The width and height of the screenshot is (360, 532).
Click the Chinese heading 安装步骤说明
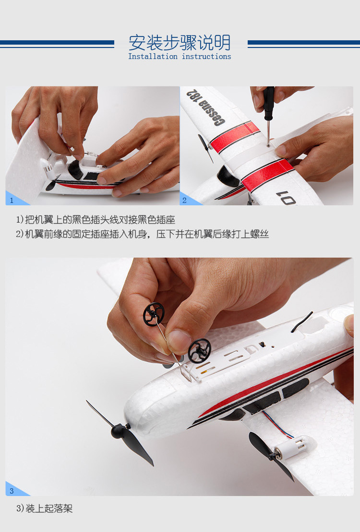[180, 43]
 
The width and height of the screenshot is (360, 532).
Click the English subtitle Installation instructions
[180, 57]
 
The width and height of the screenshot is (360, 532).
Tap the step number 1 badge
[12, 200]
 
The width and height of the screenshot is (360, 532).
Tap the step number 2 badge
[185, 200]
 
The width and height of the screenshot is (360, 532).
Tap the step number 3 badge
[12, 491]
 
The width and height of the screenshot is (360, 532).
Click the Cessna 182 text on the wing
[205, 107]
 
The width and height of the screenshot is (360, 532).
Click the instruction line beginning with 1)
[96, 220]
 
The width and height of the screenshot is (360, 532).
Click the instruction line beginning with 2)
[142, 234]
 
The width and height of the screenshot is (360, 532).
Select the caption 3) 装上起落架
[44, 508]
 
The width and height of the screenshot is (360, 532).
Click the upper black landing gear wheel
[154, 314]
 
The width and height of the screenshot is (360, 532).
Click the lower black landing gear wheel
[199, 351]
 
